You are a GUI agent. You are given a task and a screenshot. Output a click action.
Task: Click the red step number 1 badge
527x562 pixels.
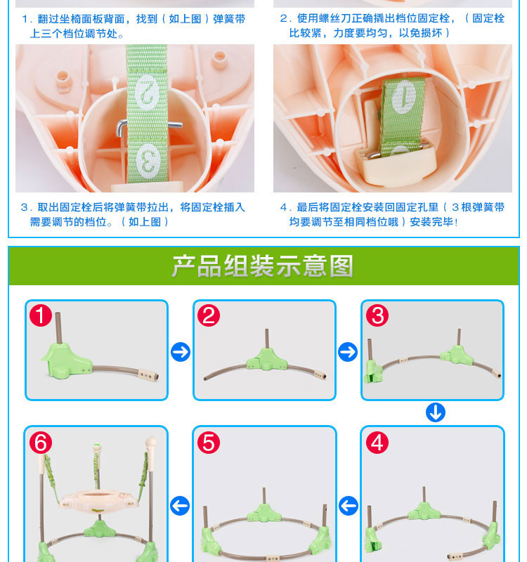tap(41, 315)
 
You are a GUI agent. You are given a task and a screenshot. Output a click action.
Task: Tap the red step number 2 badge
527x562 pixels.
tap(209, 315)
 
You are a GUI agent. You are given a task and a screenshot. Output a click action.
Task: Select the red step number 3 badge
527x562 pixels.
tap(377, 315)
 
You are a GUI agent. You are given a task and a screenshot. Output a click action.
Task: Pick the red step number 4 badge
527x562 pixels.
tap(377, 443)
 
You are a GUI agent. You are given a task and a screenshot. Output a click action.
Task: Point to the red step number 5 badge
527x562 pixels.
tap(209, 443)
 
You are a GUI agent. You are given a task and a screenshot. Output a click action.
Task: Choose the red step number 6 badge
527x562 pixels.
tap(41, 443)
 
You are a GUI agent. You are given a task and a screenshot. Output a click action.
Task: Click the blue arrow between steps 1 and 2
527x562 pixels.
tap(181, 352)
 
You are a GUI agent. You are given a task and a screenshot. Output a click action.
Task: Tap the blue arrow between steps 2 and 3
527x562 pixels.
tap(348, 352)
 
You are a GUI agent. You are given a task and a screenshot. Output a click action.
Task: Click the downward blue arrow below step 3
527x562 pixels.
tap(436, 412)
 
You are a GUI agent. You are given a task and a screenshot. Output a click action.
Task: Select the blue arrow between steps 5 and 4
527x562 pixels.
tap(348, 506)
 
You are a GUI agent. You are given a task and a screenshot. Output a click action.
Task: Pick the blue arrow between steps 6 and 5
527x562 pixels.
tap(180, 506)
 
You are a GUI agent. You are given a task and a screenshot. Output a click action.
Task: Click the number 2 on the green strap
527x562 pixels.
tap(147, 93)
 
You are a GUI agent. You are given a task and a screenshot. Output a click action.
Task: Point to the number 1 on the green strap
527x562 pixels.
tap(403, 97)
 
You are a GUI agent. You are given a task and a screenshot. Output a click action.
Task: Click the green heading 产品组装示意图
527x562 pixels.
tap(263, 266)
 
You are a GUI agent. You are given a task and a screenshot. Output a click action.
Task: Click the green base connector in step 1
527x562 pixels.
tap(66, 360)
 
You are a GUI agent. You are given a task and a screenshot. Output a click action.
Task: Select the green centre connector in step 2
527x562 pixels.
tap(266, 360)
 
